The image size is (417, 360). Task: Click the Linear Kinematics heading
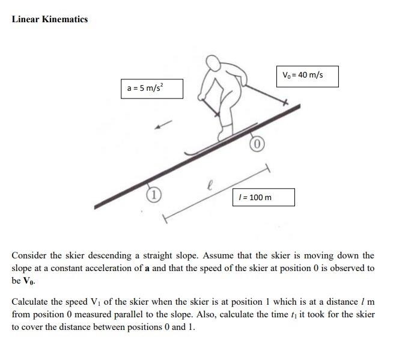pos(50,19)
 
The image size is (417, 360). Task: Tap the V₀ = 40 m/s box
pos(307,76)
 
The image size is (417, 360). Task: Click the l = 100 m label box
pos(264,197)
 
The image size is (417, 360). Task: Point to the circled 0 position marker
pos(257,144)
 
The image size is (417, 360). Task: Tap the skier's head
pos(213,63)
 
